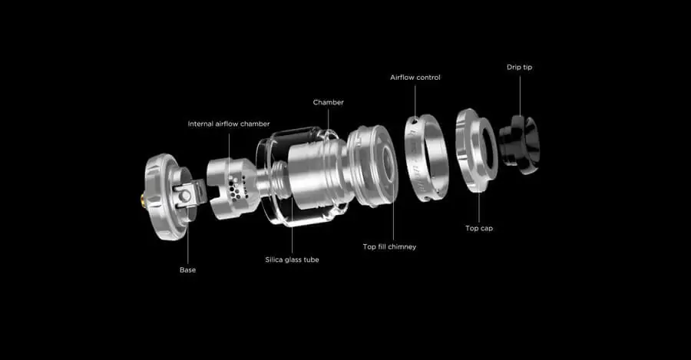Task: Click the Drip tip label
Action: point(519,68)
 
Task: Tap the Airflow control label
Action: point(415,78)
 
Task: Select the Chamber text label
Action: point(329,102)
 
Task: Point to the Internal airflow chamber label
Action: point(229,124)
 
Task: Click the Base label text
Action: point(188,270)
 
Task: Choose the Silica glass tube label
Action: point(293,260)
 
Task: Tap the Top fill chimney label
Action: point(389,246)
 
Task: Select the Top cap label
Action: point(479,228)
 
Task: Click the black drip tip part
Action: point(520,144)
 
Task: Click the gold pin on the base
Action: point(142,199)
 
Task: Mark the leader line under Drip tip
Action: point(520,96)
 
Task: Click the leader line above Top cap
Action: point(479,207)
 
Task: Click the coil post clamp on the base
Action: point(190,194)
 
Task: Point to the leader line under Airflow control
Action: point(415,101)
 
